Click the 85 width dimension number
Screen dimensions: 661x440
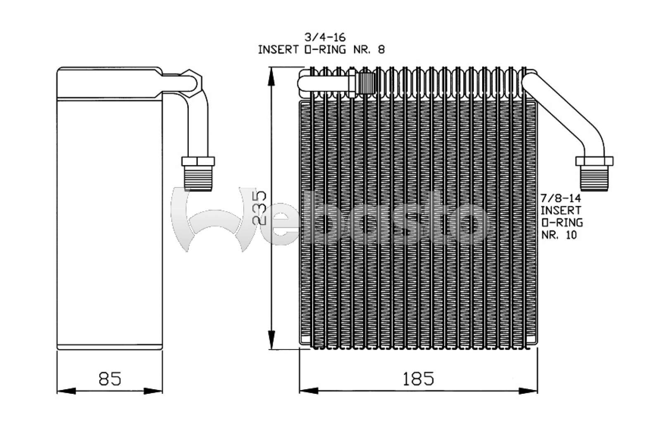click(x=110, y=379)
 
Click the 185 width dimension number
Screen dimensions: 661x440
click(x=418, y=379)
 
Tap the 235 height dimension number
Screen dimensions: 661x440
click(x=259, y=208)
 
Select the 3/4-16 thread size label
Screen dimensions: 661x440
click(x=325, y=38)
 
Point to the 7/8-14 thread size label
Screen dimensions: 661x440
click(x=561, y=198)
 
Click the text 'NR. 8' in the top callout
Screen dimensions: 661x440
click(x=369, y=50)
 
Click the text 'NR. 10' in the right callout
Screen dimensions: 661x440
click(x=559, y=235)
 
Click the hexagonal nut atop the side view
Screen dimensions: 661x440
click(x=191, y=84)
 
